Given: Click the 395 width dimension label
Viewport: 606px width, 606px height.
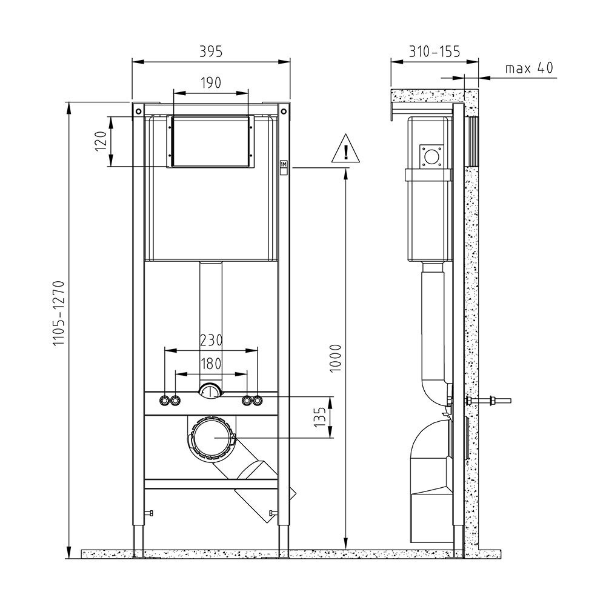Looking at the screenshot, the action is [x=211, y=52].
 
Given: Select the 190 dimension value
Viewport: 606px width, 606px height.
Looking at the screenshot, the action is [x=211, y=82].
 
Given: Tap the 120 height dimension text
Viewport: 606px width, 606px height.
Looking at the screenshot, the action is [x=101, y=141].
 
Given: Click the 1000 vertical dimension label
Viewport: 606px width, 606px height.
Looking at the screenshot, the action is [x=336, y=358].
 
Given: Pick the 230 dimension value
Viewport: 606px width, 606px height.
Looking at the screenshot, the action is [x=211, y=341].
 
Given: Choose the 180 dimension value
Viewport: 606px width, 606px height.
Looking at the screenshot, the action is [x=211, y=364].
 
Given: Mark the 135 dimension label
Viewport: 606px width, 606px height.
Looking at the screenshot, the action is [x=320, y=417].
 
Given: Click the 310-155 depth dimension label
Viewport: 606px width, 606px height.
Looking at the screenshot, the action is [x=435, y=52].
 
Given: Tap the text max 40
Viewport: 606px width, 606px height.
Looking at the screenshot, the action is [x=529, y=68].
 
